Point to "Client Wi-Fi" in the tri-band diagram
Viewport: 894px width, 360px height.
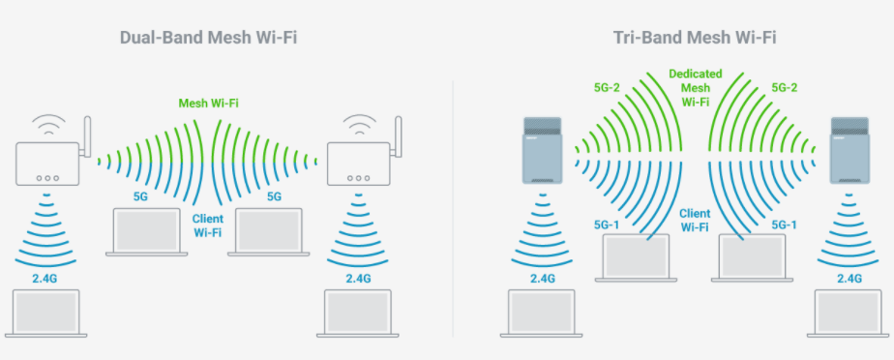694,220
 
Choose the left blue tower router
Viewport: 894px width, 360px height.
542,151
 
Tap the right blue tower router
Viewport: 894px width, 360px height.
851,151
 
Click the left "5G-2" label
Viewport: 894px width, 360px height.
608,87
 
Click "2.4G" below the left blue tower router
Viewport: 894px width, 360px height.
542,279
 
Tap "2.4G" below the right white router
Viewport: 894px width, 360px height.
358,279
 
